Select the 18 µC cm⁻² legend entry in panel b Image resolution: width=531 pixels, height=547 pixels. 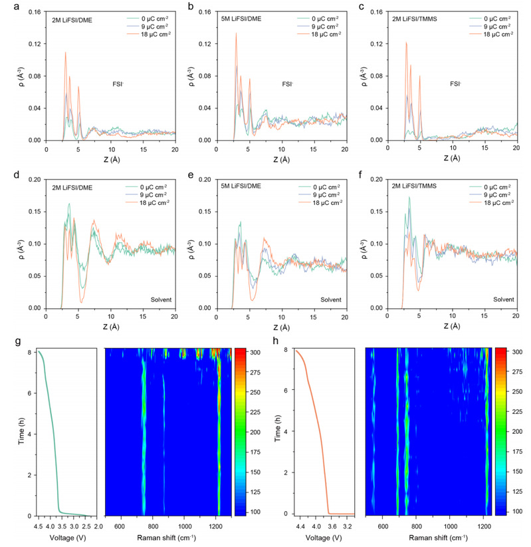pyautogui.click(x=318, y=32)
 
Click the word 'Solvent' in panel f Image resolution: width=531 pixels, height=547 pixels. pyautogui.click(x=500, y=299)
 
